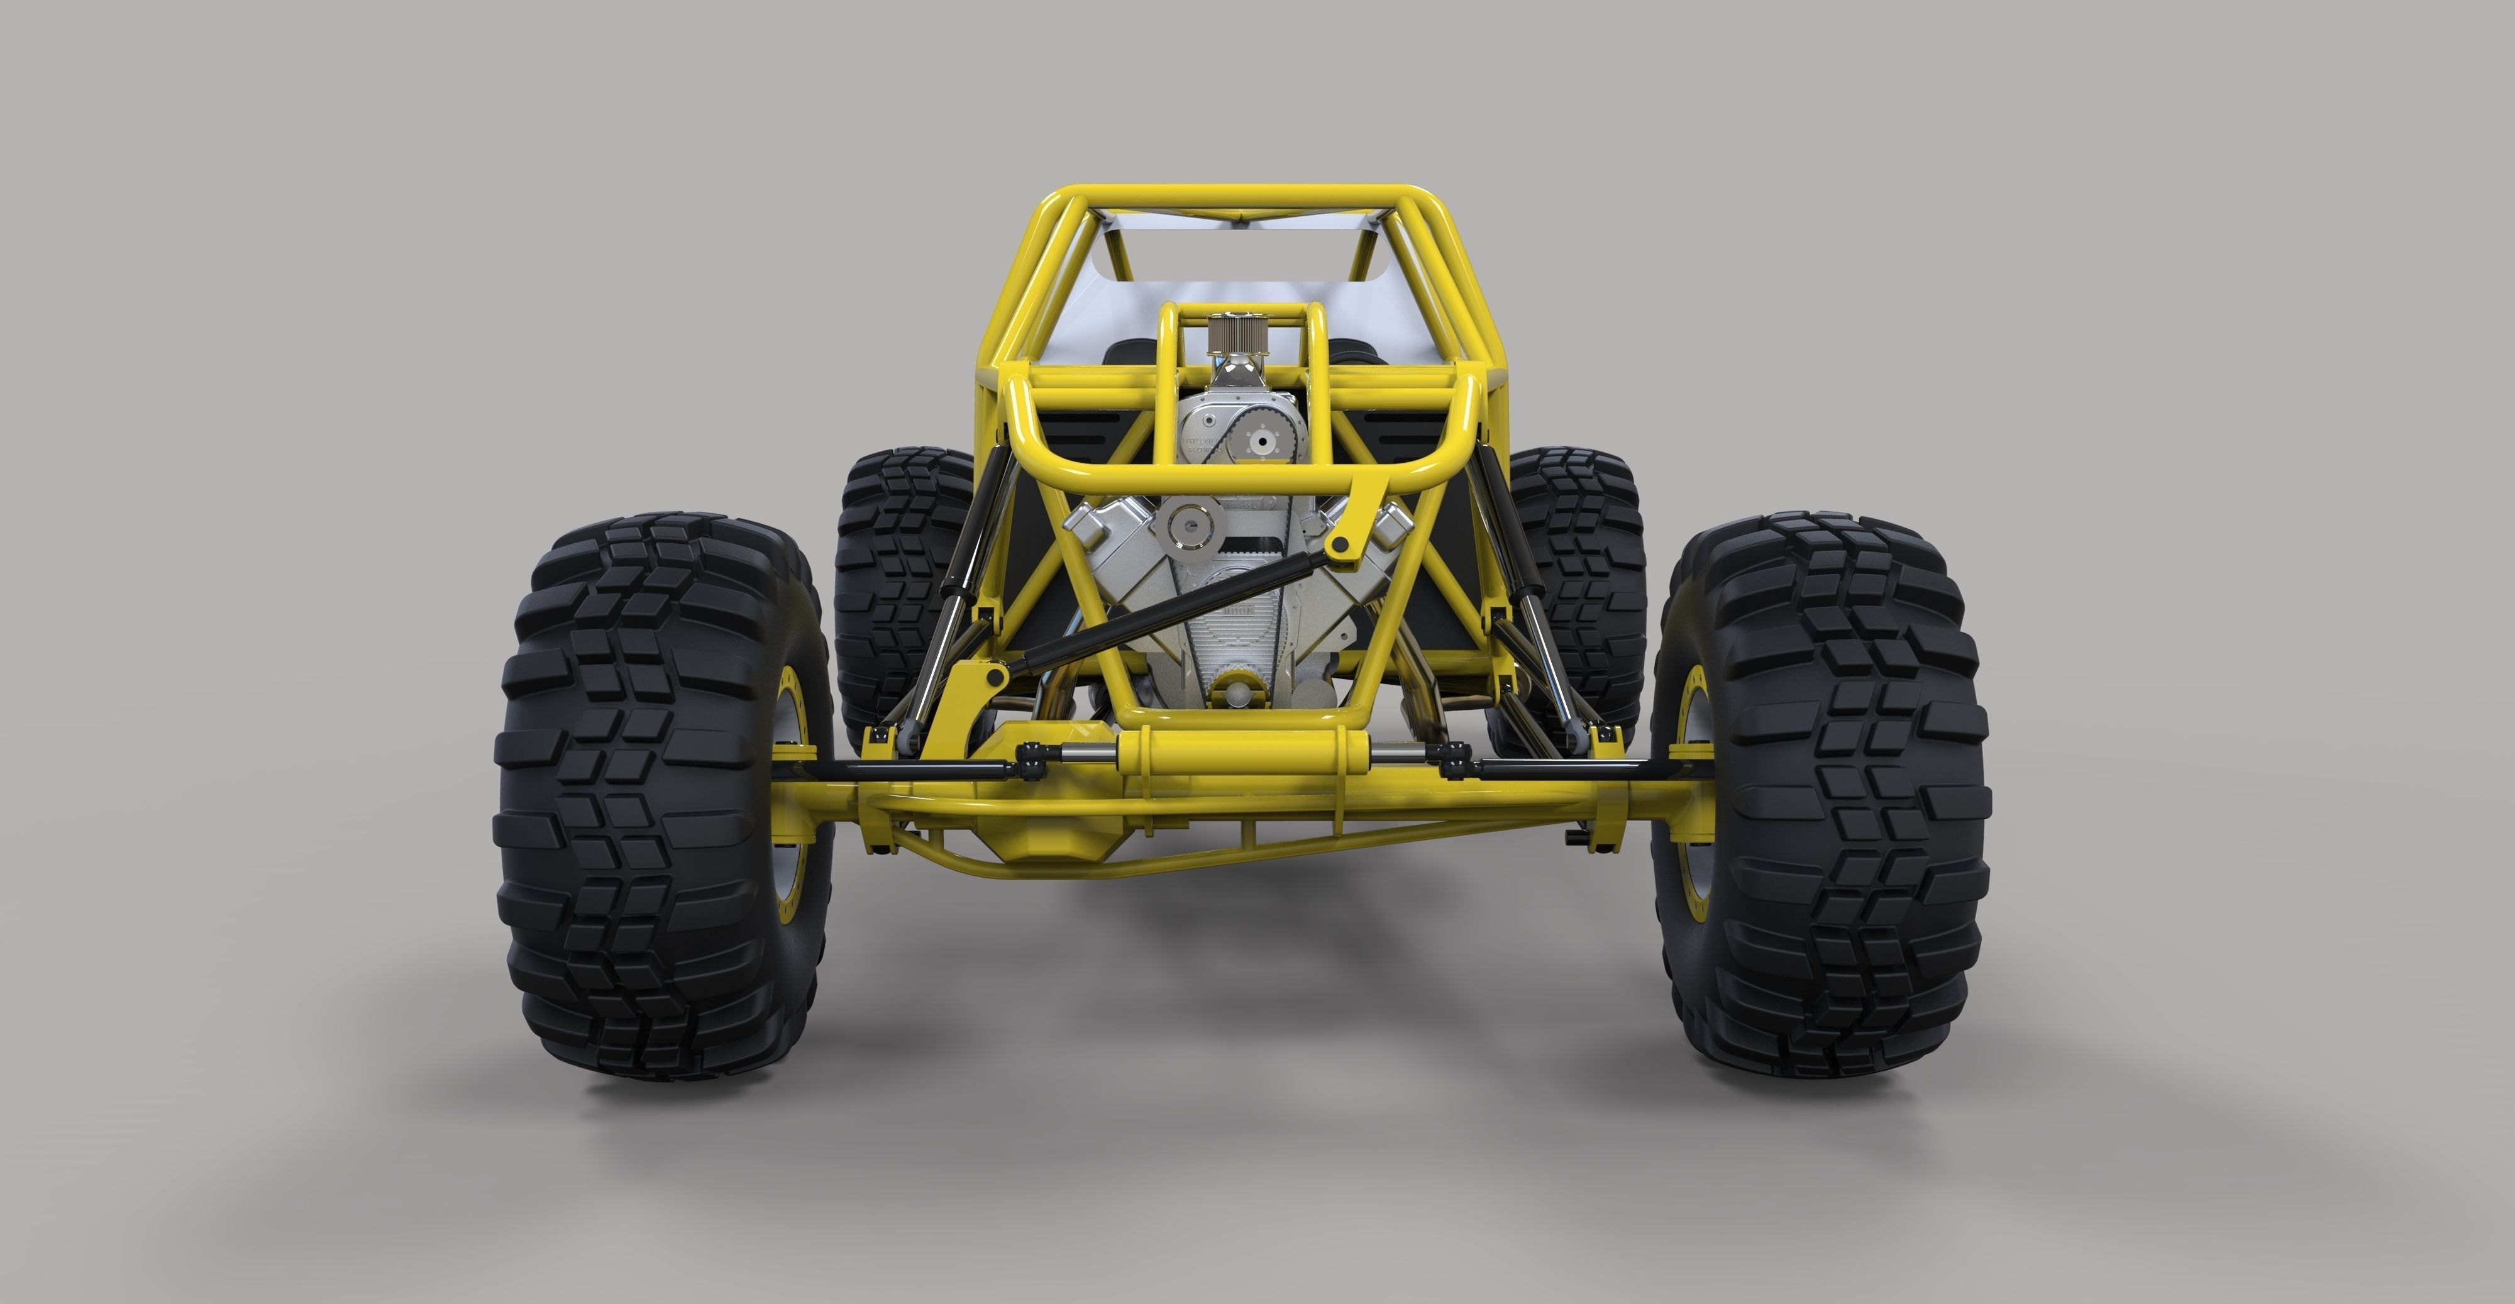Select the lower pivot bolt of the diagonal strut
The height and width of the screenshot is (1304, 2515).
click(994, 675)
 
